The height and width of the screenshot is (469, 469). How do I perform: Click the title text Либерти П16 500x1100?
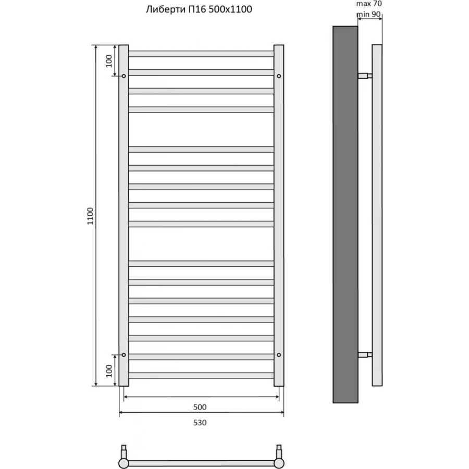(199, 9)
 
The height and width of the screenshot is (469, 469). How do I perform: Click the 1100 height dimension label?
(90, 216)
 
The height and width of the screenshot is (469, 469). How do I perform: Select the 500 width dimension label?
(200, 407)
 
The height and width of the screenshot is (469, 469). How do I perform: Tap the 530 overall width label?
(200, 423)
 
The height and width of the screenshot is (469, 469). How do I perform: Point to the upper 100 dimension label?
(108, 61)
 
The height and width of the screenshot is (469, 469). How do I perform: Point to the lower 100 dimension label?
(108, 371)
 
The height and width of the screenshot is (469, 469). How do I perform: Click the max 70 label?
(369, 4)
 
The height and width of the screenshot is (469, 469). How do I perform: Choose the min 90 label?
(369, 14)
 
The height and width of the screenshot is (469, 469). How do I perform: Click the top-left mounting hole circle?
(124, 76)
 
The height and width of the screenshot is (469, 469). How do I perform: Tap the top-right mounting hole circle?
(279, 76)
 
